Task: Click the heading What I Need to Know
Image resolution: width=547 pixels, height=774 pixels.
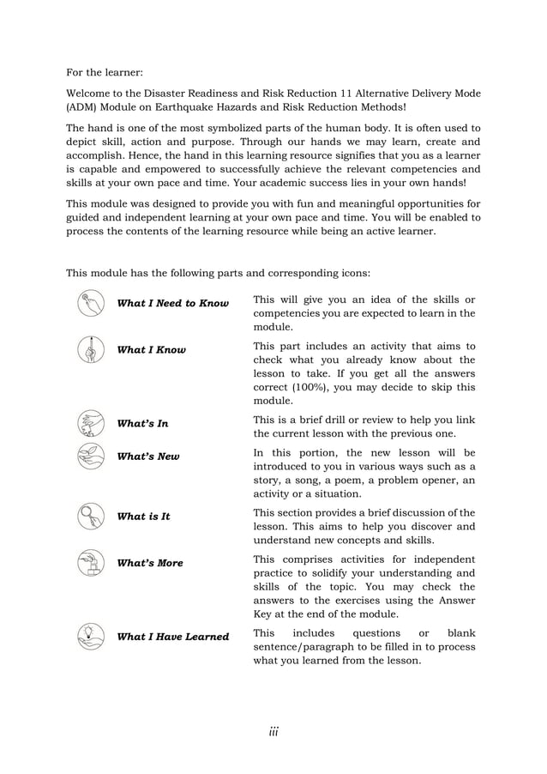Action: [x=172, y=304]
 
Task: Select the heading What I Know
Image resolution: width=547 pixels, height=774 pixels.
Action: [x=151, y=350]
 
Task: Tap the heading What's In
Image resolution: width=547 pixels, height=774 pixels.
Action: [x=142, y=423]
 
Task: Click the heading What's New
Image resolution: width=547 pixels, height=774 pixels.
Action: [x=147, y=457]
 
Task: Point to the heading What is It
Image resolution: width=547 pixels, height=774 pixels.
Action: [x=143, y=517]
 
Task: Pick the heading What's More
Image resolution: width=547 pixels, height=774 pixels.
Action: [x=149, y=563]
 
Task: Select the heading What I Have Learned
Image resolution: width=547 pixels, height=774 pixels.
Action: [x=172, y=637]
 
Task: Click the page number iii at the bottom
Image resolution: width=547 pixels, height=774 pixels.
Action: [x=273, y=731]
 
